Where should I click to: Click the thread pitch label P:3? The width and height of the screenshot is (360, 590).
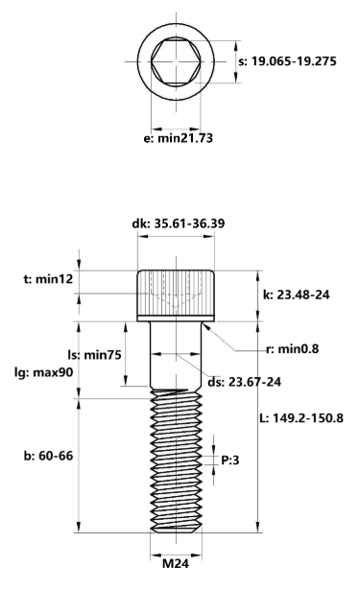point(229,460)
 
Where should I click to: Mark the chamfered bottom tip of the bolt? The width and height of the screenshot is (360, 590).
point(176,529)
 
